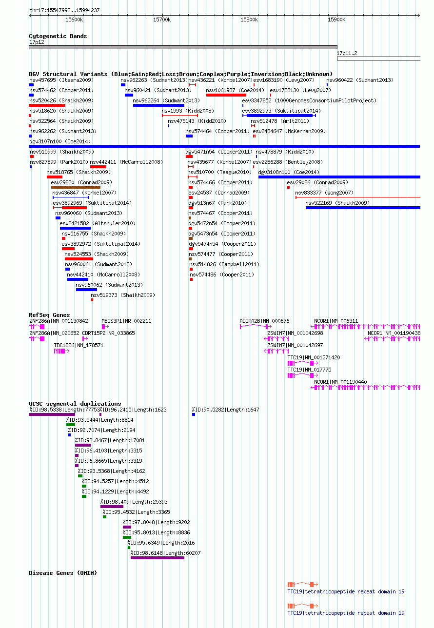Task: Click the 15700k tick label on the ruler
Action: (x=162, y=20)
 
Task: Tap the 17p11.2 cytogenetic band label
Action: (x=347, y=53)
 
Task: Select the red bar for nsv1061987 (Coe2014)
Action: (x=226, y=95)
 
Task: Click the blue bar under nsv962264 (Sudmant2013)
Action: (x=158, y=105)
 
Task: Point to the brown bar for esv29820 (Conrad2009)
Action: (x=76, y=187)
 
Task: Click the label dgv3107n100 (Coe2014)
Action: (x=60, y=141)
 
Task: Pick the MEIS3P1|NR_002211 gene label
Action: (x=126, y=321)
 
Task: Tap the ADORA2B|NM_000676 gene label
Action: (x=264, y=321)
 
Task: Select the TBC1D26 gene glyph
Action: (x=61, y=351)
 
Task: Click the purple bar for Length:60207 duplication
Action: (x=158, y=558)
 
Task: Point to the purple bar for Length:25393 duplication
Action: (x=112, y=507)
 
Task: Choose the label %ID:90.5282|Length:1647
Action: (x=225, y=410)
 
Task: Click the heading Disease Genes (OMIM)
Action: (x=63, y=573)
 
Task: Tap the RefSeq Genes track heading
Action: (x=49, y=315)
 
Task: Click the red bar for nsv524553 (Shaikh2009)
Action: (x=79, y=259)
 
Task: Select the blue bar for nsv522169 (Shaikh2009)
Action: (x=363, y=208)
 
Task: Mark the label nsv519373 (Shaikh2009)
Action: (x=123, y=295)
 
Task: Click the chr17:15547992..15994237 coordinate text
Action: (x=64, y=10)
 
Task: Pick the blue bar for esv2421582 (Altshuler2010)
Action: (x=75, y=228)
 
